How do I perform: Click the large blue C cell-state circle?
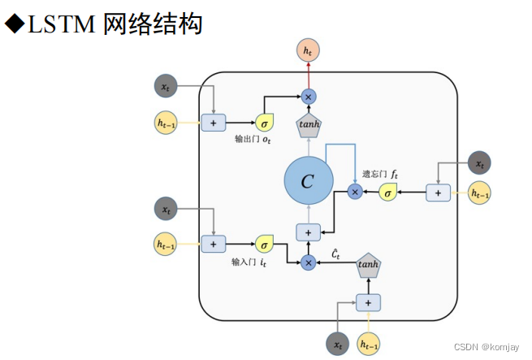point(308,181)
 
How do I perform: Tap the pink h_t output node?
point(308,50)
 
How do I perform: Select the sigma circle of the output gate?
point(265,123)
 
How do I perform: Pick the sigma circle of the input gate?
point(265,243)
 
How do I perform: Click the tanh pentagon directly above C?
point(308,124)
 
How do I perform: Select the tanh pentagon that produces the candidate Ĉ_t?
point(368,263)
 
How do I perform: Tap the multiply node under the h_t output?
point(308,97)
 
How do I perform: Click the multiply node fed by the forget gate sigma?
point(354,192)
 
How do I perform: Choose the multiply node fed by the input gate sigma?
point(308,262)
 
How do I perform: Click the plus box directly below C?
point(308,232)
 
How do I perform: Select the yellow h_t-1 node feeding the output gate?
point(166,123)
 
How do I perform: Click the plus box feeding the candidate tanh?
point(368,302)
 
